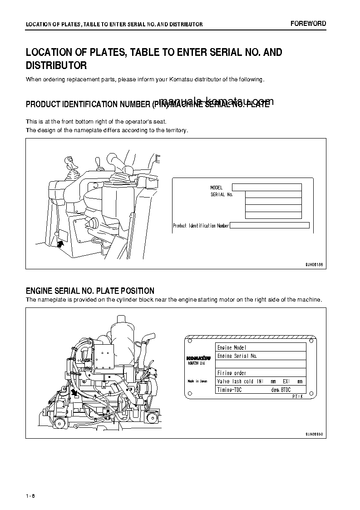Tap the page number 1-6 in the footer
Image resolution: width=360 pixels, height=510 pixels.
(31, 495)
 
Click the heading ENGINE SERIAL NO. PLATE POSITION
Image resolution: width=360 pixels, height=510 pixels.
(90, 291)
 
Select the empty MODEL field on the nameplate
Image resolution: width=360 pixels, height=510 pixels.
(266, 187)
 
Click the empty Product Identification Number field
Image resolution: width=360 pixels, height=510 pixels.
(270, 225)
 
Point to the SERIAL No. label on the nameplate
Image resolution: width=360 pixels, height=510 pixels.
(222, 194)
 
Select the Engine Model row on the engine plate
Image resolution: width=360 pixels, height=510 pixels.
(261, 347)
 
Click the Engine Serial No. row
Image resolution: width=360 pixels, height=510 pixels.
(261, 356)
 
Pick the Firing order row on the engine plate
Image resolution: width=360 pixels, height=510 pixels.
(261, 373)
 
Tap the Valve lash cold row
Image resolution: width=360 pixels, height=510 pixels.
(261, 381)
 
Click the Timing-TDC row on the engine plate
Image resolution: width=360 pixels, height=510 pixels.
(261, 390)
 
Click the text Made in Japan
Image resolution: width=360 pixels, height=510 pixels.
(197, 381)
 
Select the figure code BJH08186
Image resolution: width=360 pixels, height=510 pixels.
(313, 264)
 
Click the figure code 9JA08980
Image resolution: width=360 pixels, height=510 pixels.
(313, 434)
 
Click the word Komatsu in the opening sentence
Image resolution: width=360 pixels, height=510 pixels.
(182, 79)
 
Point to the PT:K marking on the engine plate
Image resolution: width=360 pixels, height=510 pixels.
(297, 396)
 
